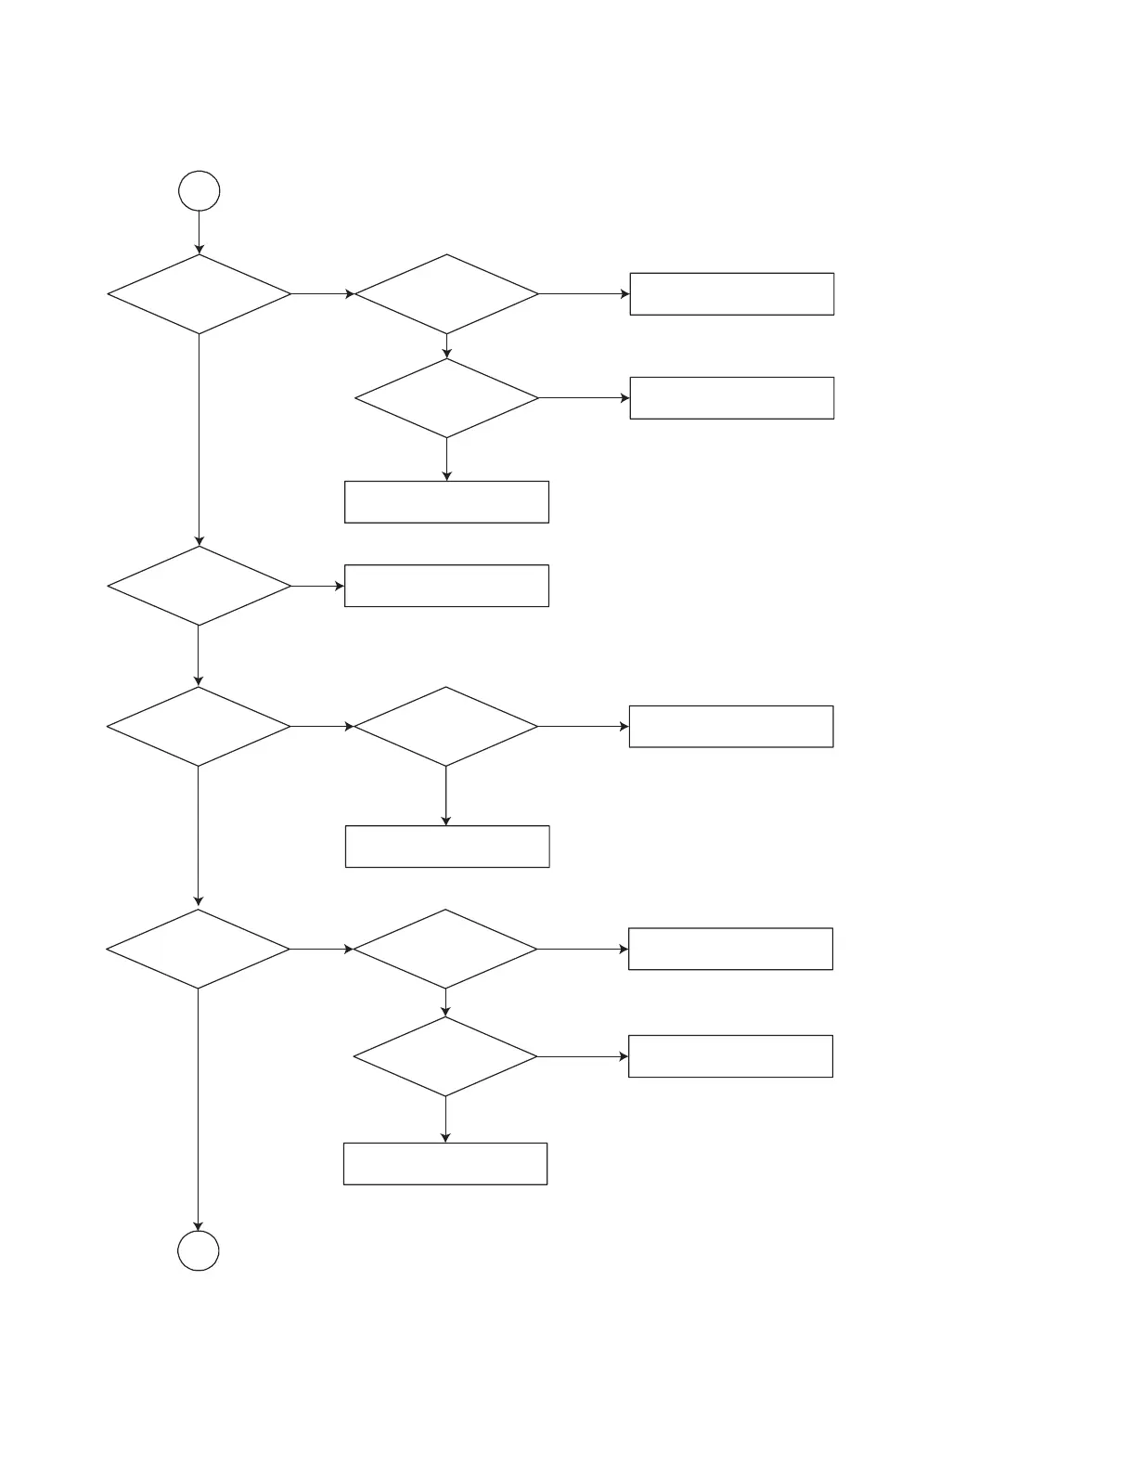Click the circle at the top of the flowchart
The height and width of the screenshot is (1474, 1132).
pos(199,191)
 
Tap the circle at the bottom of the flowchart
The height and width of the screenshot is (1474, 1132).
pos(199,1250)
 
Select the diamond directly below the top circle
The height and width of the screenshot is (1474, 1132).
pos(199,294)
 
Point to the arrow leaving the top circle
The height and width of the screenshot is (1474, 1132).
pos(199,232)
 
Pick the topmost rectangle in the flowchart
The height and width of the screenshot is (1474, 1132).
pos(731,294)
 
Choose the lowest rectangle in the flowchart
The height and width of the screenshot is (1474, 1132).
pos(445,1164)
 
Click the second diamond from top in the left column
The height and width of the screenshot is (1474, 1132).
pos(199,586)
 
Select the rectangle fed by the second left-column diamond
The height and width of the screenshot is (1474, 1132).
pos(446,586)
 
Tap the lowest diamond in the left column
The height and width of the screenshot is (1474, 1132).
pos(199,949)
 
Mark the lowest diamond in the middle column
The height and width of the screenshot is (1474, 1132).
pos(445,1056)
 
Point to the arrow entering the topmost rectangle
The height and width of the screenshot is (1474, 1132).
pos(585,294)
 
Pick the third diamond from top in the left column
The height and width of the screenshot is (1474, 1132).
pos(199,726)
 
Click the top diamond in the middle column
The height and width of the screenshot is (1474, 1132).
pos(446,294)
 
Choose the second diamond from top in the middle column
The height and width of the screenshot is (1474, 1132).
pos(446,398)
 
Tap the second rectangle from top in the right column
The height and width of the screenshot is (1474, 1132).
pos(731,398)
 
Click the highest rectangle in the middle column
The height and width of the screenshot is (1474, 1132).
pos(446,502)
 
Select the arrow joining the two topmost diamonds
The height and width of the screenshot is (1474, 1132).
pos(323,294)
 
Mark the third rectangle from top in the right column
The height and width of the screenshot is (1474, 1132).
pos(731,726)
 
